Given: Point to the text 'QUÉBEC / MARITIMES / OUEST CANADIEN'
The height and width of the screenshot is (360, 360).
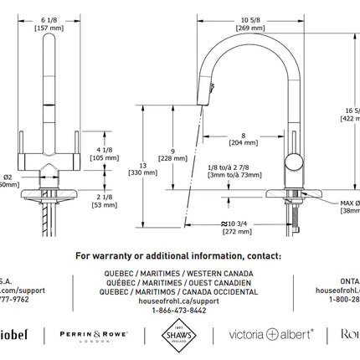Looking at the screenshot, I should coord(178,281).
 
